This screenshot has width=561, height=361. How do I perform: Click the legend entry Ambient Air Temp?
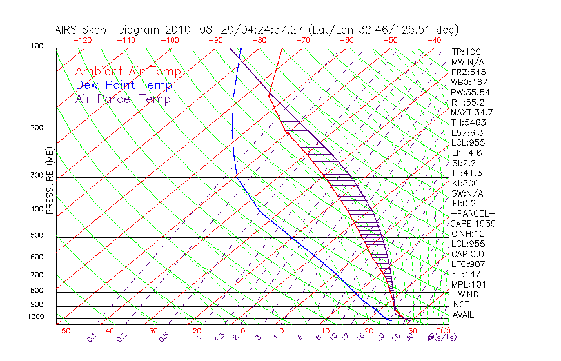click(128, 72)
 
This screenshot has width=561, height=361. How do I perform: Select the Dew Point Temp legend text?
click(124, 85)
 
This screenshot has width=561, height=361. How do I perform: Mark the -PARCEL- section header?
click(473, 213)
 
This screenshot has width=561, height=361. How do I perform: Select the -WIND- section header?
click(469, 294)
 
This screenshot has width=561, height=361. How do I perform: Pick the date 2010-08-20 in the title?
click(196, 30)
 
